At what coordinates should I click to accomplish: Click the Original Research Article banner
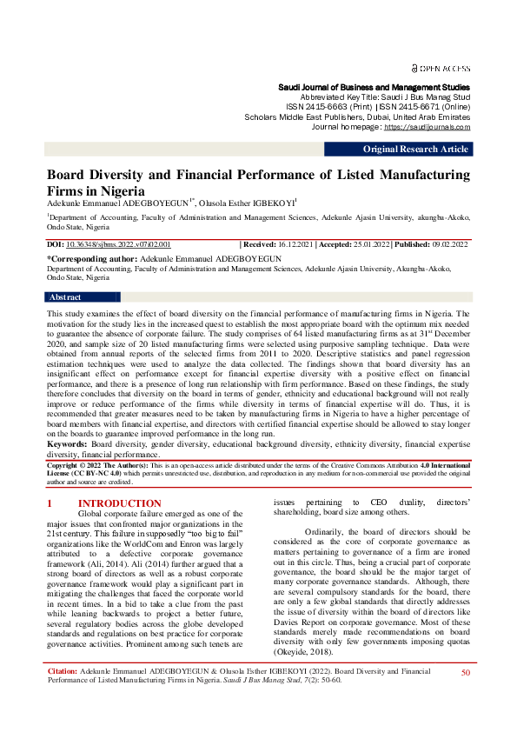(415, 150)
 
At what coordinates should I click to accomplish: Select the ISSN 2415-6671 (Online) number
(408, 107)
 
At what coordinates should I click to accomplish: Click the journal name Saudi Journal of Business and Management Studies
(374, 88)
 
